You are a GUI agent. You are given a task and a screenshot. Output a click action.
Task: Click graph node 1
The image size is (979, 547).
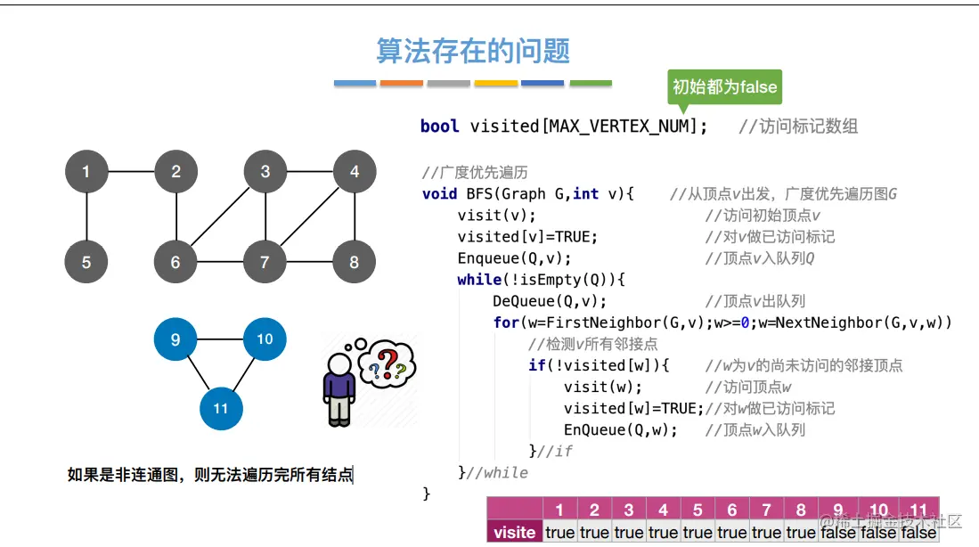pos(86,172)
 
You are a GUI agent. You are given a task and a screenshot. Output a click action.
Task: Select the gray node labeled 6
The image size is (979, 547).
pos(175,262)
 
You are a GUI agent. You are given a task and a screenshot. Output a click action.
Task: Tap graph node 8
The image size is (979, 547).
pos(355,262)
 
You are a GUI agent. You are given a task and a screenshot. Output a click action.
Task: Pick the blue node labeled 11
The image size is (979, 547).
pos(221,408)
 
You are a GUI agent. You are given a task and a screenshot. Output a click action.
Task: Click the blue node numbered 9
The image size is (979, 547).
pos(175,339)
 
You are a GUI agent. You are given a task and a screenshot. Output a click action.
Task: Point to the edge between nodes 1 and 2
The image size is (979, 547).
pos(131,172)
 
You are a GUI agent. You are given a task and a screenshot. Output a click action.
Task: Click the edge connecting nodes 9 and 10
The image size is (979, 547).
pos(220,339)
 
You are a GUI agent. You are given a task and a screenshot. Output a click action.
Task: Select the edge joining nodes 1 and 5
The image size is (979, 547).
pos(86,216)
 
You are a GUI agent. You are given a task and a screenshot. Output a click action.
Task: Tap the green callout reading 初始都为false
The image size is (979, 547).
pos(724,87)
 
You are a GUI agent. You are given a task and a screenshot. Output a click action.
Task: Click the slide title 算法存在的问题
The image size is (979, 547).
pos(473,51)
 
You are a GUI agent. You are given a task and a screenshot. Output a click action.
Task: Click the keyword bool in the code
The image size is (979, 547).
pos(439,127)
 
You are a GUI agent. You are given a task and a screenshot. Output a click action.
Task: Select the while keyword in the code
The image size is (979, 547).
pos(479,280)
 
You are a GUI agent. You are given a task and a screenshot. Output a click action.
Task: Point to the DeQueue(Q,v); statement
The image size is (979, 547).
pos(550,301)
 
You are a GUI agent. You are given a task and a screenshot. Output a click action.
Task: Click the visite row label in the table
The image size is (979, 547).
pos(514,532)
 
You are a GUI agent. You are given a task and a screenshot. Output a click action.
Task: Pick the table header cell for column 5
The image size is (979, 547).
pos(698,510)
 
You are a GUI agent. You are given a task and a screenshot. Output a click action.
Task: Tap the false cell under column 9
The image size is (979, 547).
pos(836,532)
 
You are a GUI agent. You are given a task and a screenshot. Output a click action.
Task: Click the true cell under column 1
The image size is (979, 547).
pos(559,532)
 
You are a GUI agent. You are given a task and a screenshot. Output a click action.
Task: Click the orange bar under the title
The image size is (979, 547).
pos(401,84)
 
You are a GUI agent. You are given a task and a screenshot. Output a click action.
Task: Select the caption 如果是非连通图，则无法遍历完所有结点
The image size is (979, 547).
pos(210,475)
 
